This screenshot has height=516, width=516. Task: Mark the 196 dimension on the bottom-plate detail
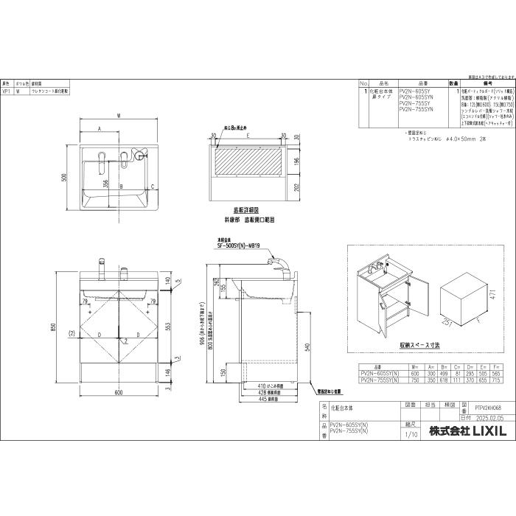point(298,161)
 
